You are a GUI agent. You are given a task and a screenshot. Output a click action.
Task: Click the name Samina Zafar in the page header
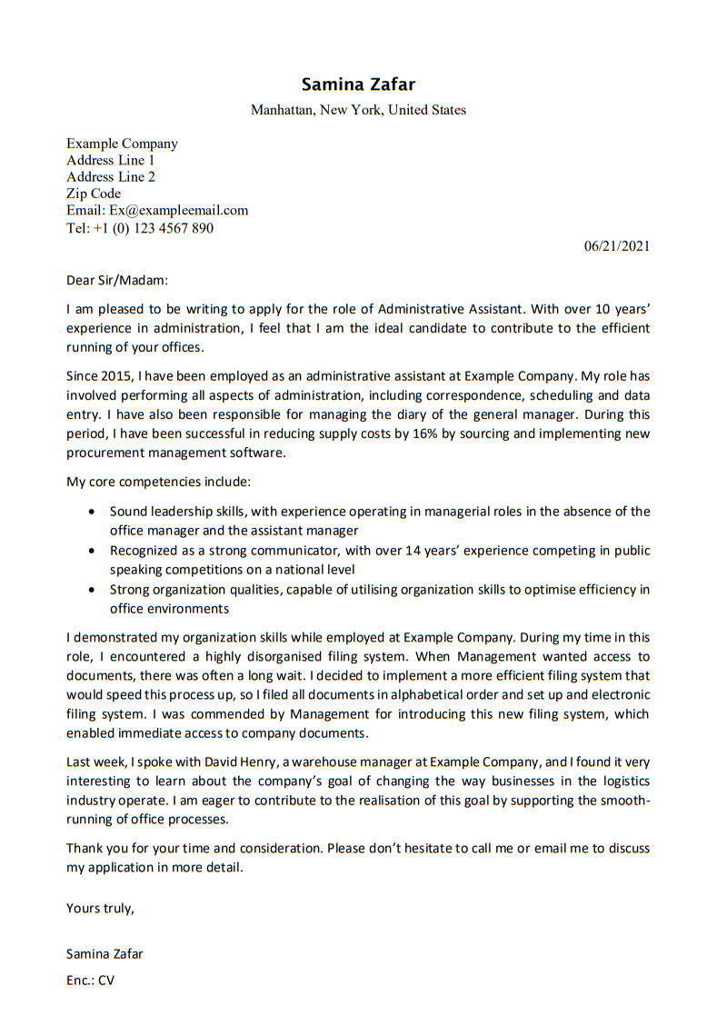[358, 85]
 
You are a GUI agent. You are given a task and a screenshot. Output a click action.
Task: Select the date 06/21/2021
[616, 245]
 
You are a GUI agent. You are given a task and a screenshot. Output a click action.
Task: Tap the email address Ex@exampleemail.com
[172, 210]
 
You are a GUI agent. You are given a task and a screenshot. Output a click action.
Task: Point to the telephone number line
[140, 228]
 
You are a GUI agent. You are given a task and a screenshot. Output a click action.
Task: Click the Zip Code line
[94, 194]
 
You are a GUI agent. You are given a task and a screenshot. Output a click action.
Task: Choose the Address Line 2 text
[111, 176]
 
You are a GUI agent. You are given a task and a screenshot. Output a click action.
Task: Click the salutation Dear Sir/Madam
[117, 281]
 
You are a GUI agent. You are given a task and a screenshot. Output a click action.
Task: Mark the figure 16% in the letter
[426, 433]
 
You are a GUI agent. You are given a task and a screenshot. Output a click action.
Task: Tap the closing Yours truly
[100, 908]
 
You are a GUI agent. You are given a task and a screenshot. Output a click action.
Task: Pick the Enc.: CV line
[91, 981]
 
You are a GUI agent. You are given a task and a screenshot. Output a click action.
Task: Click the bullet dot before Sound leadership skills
[92, 512]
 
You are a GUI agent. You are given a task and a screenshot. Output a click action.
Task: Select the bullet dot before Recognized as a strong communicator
[92, 551]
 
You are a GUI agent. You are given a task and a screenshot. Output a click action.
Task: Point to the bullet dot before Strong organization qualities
[92, 590]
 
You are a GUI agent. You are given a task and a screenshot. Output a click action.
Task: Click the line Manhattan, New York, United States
[358, 110]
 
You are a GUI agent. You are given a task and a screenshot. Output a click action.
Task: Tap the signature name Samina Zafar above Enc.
[105, 954]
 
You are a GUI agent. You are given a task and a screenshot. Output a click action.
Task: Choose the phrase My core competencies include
[158, 482]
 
